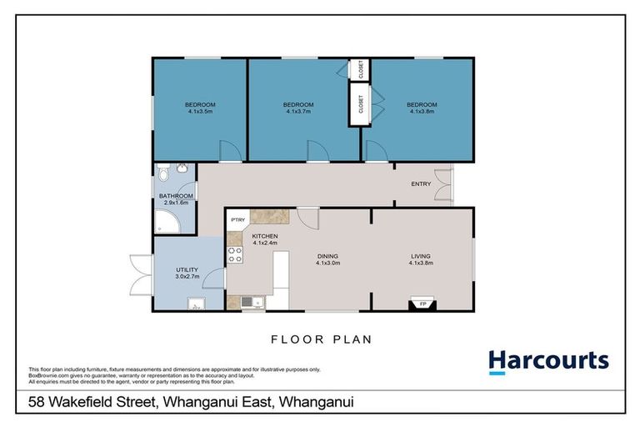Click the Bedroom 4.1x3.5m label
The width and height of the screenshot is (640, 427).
[200, 108]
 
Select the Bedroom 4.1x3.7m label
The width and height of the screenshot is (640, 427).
[298, 108]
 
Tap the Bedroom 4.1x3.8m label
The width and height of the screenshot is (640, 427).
[422, 108]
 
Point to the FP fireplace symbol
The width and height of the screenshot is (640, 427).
[422, 304]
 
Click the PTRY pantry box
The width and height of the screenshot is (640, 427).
[237, 220]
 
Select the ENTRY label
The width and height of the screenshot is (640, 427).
[421, 183]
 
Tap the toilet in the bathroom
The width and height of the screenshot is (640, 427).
[163, 175]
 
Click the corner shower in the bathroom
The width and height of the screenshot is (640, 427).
[164, 223]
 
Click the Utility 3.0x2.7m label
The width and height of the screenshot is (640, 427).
[187, 272]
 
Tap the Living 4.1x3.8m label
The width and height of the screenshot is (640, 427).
[422, 259]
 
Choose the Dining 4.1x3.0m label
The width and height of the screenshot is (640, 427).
[327, 259]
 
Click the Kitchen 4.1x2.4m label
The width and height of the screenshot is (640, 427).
[265, 240]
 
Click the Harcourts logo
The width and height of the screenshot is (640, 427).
[548, 361]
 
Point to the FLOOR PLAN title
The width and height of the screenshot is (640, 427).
[320, 339]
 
